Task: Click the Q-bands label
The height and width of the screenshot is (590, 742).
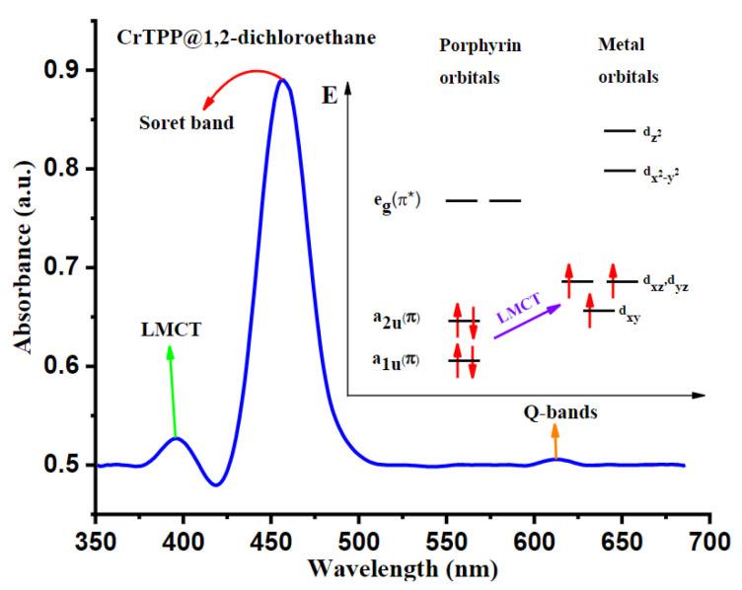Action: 559,413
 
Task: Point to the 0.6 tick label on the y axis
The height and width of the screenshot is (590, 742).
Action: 65,366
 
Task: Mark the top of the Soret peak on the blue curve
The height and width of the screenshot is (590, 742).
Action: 282,81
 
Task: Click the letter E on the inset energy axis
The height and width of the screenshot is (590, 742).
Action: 329,97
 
